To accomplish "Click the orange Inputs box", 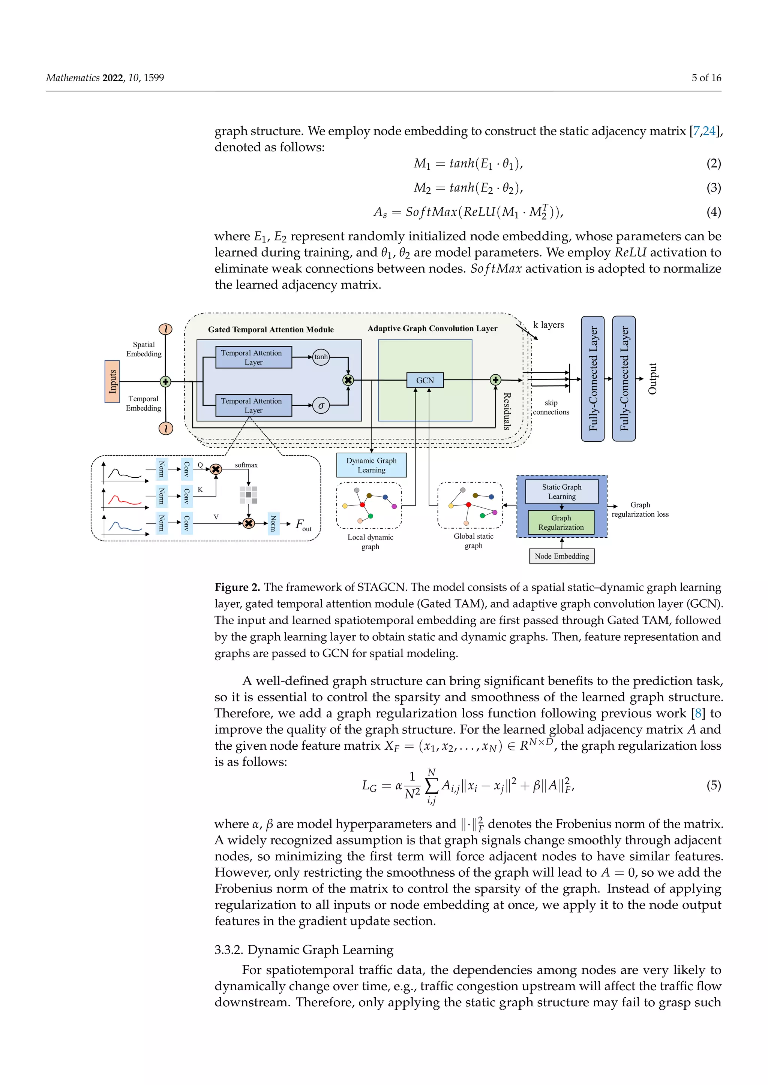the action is [x=112, y=381].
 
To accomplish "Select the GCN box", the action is [x=424, y=380].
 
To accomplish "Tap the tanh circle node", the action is [x=321, y=357].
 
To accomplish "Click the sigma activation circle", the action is [x=321, y=405].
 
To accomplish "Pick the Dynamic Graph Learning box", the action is [x=371, y=465].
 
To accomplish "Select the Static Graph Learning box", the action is [x=561, y=492].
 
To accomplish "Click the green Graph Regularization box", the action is [x=561, y=522].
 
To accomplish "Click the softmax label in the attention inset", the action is [x=246, y=465].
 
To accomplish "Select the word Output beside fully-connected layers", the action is [x=652, y=378].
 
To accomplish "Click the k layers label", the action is [x=548, y=325].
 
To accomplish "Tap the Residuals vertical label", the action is [x=507, y=411].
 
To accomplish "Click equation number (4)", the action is [x=713, y=212].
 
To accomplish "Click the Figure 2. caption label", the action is [x=237, y=587].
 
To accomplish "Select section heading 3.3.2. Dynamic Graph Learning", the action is [x=304, y=950].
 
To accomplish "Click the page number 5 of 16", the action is [x=706, y=78].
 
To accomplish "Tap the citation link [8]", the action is [x=697, y=713].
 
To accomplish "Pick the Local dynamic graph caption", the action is [x=370, y=541].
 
